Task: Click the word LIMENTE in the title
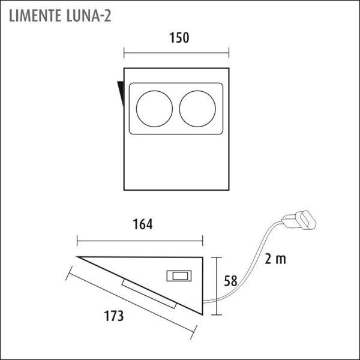pyautogui.click(x=35, y=16)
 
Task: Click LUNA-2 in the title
pyautogui.click(x=89, y=16)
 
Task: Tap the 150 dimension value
pyautogui.click(x=179, y=38)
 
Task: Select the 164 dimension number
pyautogui.click(x=143, y=224)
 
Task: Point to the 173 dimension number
pyautogui.click(x=114, y=316)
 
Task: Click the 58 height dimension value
pyautogui.click(x=230, y=281)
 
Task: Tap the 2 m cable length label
pyautogui.click(x=275, y=259)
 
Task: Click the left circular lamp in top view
pyautogui.click(x=154, y=109)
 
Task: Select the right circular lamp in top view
pyautogui.click(x=197, y=109)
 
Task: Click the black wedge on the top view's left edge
pyautogui.click(x=121, y=92)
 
